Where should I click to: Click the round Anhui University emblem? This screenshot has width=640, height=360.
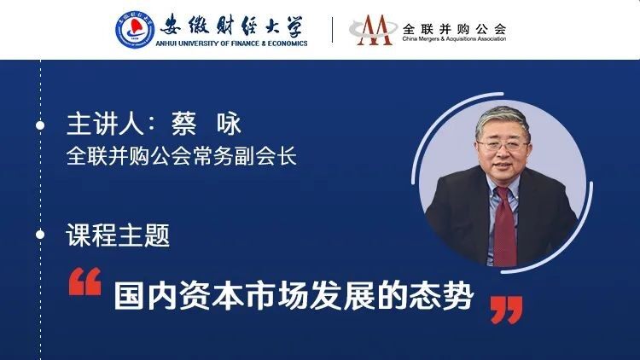pyautogui.click(x=135, y=30)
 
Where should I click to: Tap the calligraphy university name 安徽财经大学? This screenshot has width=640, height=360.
pyautogui.click(x=232, y=26)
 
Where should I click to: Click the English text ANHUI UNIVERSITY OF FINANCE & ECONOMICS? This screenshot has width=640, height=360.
pyautogui.click(x=231, y=44)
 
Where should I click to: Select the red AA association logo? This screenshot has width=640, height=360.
pyautogui.click(x=373, y=30)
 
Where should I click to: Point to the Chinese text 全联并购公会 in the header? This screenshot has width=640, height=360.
pyautogui.click(x=454, y=28)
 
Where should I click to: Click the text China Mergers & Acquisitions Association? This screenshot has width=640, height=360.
pyautogui.click(x=454, y=38)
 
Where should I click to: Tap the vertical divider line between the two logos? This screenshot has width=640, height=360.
pyautogui.click(x=332, y=30)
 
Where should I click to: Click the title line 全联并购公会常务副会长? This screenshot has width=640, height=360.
pyautogui.click(x=182, y=156)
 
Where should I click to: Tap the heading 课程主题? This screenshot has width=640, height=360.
pyautogui.click(x=118, y=235)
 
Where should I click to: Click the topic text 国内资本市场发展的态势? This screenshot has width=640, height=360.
pyautogui.click(x=294, y=295)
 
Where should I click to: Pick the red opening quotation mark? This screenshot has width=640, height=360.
pyautogui.click(x=84, y=282)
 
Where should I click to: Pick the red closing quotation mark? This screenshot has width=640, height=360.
pyautogui.click(x=507, y=311)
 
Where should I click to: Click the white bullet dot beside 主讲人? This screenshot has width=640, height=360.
pyautogui.click(x=40, y=125)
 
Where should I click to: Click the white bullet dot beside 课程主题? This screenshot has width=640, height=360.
pyautogui.click(x=40, y=235)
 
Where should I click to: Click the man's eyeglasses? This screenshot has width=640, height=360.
pyautogui.click(x=503, y=145)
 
